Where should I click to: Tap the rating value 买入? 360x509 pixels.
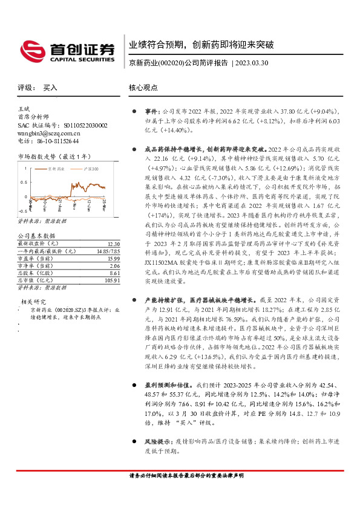pyautogui.click(x=50, y=88)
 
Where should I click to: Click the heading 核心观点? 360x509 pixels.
pyautogui.click(x=142, y=88)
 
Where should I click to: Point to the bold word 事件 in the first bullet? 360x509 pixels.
pyautogui.click(x=151, y=112)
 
